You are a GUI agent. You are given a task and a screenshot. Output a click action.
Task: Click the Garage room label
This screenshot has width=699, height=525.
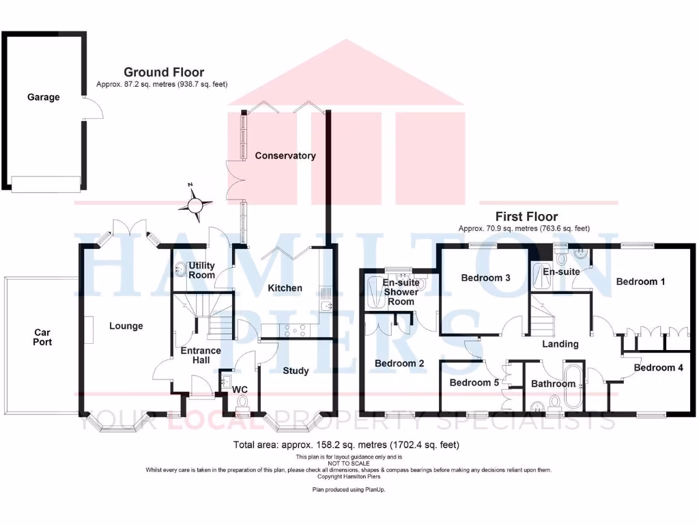click(x=44, y=97)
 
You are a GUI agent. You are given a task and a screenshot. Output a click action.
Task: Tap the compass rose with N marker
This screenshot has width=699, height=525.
click(x=196, y=204)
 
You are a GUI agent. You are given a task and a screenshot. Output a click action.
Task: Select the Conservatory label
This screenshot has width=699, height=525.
click(x=285, y=156)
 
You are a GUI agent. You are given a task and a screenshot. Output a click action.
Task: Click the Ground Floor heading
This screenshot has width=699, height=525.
click(x=164, y=72)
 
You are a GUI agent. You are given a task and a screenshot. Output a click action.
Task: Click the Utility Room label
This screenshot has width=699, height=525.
click(x=202, y=270)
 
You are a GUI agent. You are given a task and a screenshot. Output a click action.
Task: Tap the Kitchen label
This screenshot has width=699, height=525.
click(x=285, y=288)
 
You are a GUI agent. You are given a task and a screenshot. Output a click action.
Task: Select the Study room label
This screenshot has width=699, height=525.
click(x=296, y=371)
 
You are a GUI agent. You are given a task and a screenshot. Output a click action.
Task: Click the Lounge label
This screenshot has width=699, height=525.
click(x=126, y=326)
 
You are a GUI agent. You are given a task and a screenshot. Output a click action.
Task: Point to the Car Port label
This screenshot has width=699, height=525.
click(x=43, y=337)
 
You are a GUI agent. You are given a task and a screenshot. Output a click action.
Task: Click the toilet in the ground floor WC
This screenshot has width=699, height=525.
click(x=242, y=408)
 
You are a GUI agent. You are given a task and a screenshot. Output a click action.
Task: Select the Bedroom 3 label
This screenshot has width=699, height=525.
click(x=486, y=278)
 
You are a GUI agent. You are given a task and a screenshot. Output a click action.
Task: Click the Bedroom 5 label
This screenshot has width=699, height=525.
click(x=474, y=383)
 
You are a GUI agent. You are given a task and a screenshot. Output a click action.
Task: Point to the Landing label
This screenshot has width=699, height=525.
click(x=560, y=344)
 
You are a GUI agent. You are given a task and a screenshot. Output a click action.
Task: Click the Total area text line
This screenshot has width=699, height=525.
click(x=346, y=444)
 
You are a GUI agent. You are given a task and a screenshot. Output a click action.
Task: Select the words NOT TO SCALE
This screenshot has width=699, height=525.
click(x=349, y=463)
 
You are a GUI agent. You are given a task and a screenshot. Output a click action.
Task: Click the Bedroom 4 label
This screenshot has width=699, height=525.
click(x=658, y=368)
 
